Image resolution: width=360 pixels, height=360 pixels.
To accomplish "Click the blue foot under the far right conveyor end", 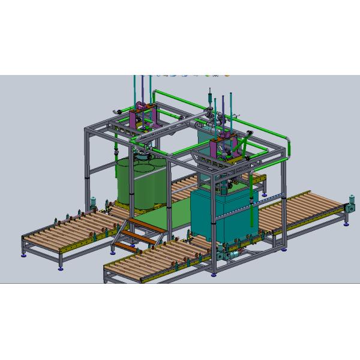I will tap(346, 224).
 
